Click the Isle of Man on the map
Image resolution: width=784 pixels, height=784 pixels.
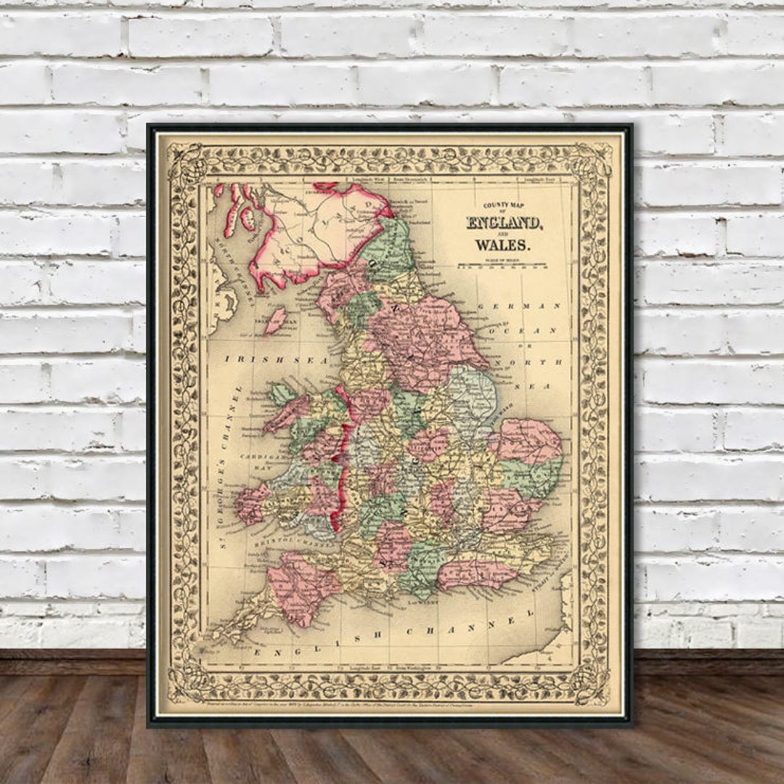pyautogui.click(x=274, y=321)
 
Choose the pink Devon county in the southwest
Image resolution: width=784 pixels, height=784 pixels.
pyautogui.click(x=301, y=584)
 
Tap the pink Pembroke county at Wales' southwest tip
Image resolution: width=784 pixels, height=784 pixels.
pyautogui.click(x=250, y=504)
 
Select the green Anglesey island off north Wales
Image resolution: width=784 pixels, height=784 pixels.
pyautogui.click(x=281, y=394)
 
